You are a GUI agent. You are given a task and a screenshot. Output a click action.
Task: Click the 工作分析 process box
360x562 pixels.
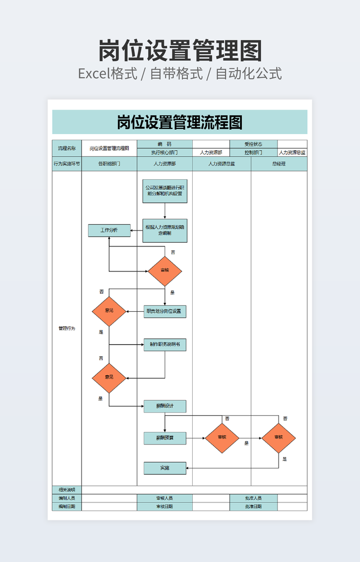pos(109,230)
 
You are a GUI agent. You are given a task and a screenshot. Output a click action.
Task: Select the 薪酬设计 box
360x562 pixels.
pos(165,406)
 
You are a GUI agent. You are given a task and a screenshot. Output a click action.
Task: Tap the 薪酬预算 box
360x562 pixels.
pos(165,439)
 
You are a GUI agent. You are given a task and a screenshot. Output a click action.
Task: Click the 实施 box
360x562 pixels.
pos(165,468)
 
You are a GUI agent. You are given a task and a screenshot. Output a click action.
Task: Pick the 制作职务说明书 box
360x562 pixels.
pos(165,345)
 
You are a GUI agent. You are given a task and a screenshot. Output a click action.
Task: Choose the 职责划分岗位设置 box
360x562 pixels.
pos(165,311)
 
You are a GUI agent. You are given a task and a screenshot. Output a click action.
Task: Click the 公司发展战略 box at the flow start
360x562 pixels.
pos(165,191)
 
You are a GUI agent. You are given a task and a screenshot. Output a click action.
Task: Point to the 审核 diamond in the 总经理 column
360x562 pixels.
pos(279,438)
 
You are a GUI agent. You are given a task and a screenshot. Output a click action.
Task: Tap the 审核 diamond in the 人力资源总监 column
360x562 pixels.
pos(222,438)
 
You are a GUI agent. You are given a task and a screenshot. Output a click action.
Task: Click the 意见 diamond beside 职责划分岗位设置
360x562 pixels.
pos(109,311)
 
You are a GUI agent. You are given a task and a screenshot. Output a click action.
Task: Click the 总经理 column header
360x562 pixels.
pos(279,164)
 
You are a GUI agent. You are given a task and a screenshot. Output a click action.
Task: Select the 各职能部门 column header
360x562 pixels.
pos(109,164)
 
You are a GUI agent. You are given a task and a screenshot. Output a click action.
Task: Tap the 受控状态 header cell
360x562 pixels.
pos(253,144)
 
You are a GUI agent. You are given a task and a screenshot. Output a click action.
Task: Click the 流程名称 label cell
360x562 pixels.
pos(67,148)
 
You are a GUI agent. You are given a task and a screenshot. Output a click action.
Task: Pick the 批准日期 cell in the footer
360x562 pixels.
pos(253,507)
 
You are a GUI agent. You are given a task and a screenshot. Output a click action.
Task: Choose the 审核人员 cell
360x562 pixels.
pos(165,498)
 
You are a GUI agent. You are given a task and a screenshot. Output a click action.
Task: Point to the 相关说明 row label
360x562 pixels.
pos(67,490)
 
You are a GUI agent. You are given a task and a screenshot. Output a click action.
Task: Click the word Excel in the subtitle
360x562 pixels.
pos(94,73)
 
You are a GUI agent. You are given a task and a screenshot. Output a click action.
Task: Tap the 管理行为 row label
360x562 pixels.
pos(67,328)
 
